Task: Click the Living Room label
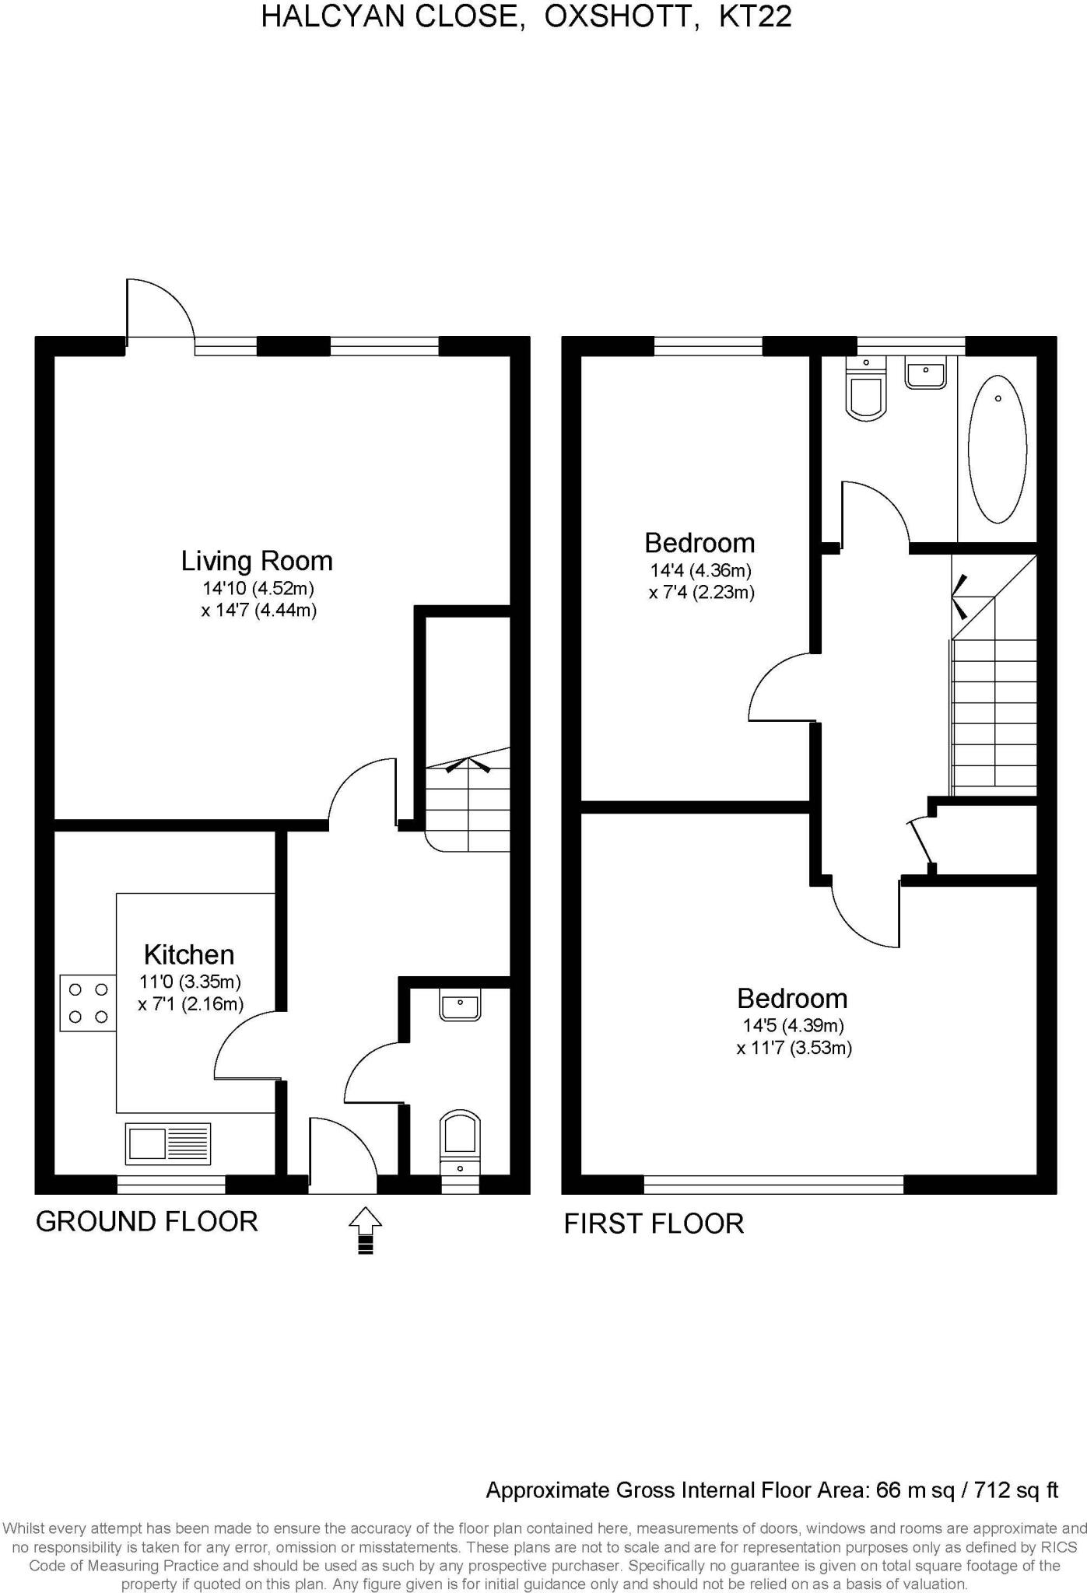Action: (257, 561)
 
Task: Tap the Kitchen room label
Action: (189, 954)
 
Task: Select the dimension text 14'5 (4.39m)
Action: (793, 1025)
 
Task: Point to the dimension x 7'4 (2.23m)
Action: (702, 593)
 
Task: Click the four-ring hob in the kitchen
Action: (88, 1003)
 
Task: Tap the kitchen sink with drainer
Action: (168, 1143)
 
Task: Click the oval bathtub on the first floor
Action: (997, 450)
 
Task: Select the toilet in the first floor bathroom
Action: (866, 393)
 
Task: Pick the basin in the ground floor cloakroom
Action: (460, 1005)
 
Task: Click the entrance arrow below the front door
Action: (365, 1230)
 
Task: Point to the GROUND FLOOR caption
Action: (146, 1221)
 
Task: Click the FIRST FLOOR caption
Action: (654, 1224)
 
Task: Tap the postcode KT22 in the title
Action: (755, 16)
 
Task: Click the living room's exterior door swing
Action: (160, 310)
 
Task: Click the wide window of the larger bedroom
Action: (773, 1185)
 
